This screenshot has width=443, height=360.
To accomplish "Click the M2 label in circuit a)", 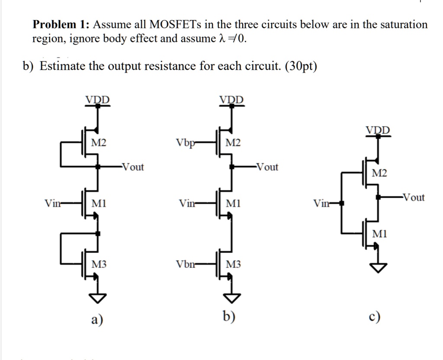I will [x=99, y=143].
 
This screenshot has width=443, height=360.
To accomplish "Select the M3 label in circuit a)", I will [x=99, y=264].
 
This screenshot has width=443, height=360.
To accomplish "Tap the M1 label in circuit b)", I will [x=233, y=203].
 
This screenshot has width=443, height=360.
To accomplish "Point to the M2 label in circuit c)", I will [x=380, y=174].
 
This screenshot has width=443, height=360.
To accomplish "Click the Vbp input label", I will [x=185, y=143].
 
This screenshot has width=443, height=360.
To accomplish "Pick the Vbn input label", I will [x=185, y=264].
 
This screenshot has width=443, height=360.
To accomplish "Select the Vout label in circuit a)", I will [x=133, y=167].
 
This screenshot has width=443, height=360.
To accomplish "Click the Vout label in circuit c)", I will [x=414, y=198].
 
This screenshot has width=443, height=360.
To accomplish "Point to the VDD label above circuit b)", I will [x=231, y=100].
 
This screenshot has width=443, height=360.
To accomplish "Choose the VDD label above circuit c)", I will [x=378, y=130].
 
